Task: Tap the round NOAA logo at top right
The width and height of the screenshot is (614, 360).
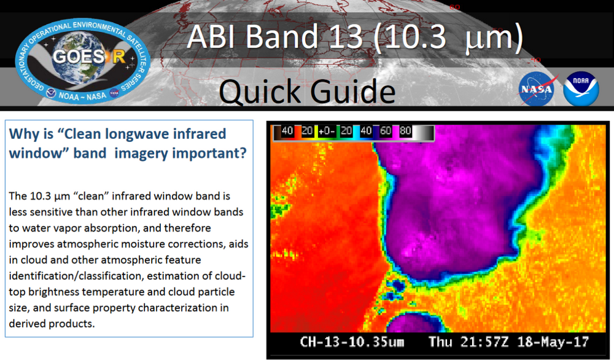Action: tap(581, 88)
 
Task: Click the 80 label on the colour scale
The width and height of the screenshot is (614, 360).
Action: tap(405, 131)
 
